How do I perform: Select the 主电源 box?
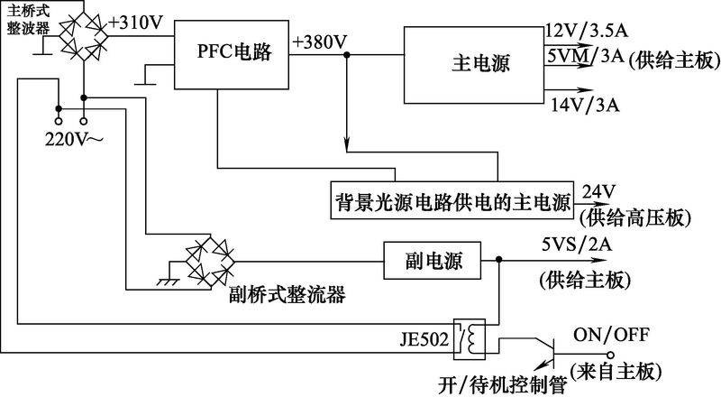(x=474, y=66)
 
